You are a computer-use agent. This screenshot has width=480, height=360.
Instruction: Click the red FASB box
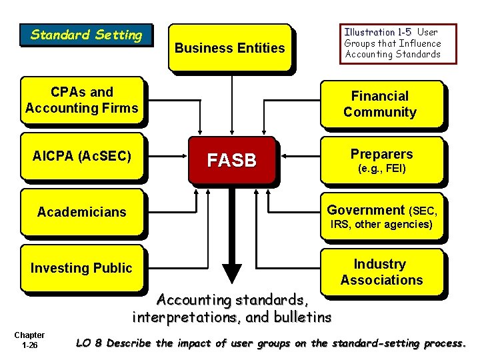(x=231, y=161)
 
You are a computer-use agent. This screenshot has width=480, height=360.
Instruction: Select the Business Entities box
(x=229, y=47)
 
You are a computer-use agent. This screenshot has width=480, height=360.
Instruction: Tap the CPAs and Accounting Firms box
(x=81, y=100)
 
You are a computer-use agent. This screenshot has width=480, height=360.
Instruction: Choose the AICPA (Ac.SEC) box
(x=81, y=157)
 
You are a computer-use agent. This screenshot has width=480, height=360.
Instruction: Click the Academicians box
(x=81, y=212)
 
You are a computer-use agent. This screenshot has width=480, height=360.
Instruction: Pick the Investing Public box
(x=81, y=268)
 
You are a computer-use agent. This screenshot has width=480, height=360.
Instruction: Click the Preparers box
(x=381, y=160)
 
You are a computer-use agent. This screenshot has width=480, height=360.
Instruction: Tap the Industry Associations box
(x=381, y=272)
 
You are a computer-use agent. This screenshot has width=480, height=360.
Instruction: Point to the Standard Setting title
(x=87, y=35)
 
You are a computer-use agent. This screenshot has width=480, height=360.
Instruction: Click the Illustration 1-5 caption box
(x=399, y=43)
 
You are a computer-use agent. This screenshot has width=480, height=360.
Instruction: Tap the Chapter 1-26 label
(x=29, y=340)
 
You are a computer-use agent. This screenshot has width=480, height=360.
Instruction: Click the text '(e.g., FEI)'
(x=382, y=169)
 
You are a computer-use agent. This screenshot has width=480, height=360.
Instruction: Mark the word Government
(x=365, y=210)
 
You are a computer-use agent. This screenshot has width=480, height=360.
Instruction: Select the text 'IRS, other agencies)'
(x=381, y=224)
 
